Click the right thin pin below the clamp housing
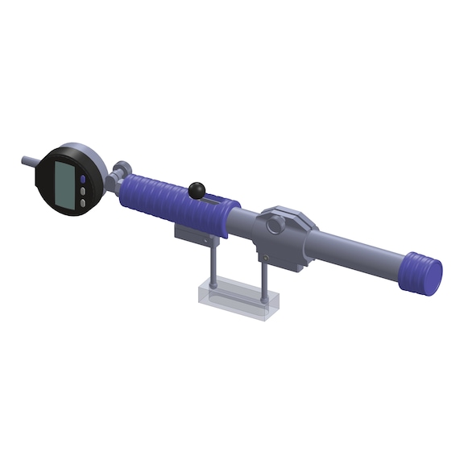click(264, 278)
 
